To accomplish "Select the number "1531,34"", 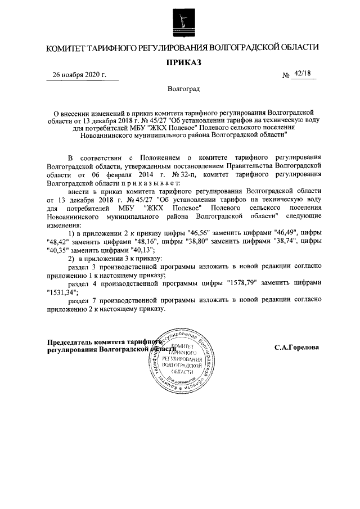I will pos(61,292).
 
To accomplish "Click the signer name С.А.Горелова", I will pos(296,347).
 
